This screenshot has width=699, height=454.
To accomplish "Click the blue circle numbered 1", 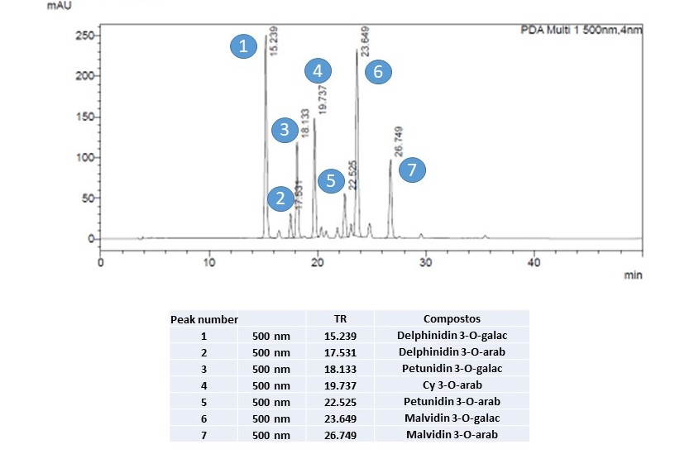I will [243, 47].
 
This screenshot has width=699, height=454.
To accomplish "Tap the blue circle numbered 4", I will [318, 70].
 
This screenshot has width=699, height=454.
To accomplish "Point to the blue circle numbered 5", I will [331, 181].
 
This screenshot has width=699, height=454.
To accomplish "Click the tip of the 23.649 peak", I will [357, 50].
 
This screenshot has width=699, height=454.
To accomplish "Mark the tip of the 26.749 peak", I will [390, 160].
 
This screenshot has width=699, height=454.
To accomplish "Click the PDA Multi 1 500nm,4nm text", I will [581, 31].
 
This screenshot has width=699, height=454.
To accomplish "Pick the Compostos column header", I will [452, 318].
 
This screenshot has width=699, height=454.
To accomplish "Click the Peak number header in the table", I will [203, 319].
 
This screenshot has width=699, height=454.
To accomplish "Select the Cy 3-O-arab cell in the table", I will [452, 385].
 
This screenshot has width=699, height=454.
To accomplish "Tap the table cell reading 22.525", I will [340, 402].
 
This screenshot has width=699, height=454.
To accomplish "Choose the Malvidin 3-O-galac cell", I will [452, 418].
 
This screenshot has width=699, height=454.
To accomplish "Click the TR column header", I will [340, 318].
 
